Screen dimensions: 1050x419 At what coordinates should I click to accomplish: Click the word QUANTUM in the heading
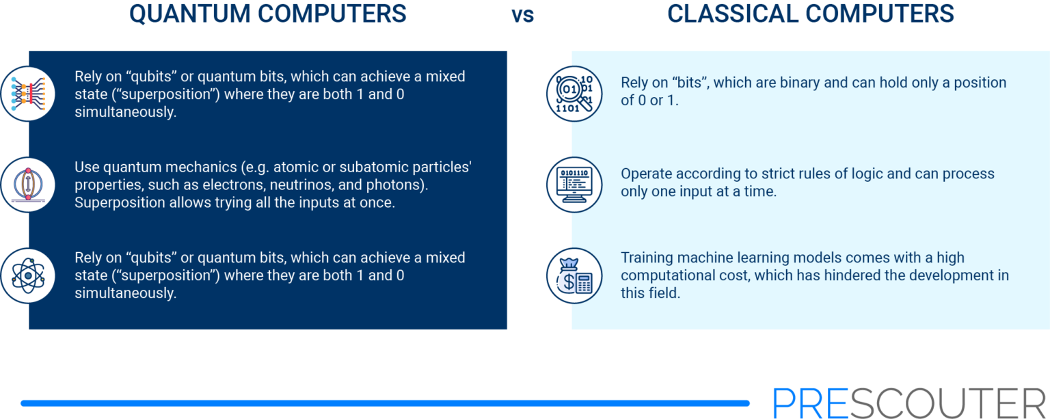coord(190,14)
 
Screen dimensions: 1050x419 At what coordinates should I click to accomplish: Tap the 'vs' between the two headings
coord(523,16)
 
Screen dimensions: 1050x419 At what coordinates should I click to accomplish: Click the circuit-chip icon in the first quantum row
coord(28,94)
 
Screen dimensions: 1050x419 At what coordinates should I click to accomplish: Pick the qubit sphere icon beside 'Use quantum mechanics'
coord(28,185)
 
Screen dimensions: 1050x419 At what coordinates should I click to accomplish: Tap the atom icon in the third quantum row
coord(28,275)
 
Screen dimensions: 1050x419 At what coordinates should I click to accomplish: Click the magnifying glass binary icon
coord(574,94)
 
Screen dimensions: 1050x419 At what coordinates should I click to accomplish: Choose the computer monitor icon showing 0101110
coord(574,185)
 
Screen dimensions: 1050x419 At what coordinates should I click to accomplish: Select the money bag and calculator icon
coord(574,275)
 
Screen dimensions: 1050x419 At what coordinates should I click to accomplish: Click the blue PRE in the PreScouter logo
coord(811,403)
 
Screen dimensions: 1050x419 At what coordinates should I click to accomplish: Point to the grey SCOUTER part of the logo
coord(947,403)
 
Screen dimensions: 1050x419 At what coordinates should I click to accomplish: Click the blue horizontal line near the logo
coord(386,403)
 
